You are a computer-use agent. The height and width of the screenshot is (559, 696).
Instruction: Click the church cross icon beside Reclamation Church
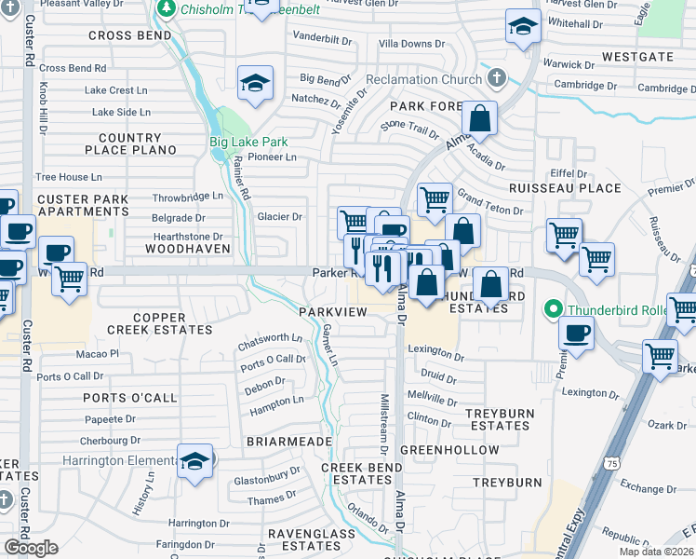pyautogui.click(x=497, y=76)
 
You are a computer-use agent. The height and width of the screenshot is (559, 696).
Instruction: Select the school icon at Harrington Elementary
pyautogui.click(x=195, y=462)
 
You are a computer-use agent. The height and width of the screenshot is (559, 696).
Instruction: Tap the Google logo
pyautogui.click(x=31, y=548)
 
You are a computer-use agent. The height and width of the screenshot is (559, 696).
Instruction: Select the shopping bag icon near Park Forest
pyautogui.click(x=479, y=118)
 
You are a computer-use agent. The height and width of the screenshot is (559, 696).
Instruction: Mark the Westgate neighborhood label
pyautogui.click(x=637, y=57)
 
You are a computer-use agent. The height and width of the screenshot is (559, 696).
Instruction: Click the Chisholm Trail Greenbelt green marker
pyautogui.click(x=168, y=9)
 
